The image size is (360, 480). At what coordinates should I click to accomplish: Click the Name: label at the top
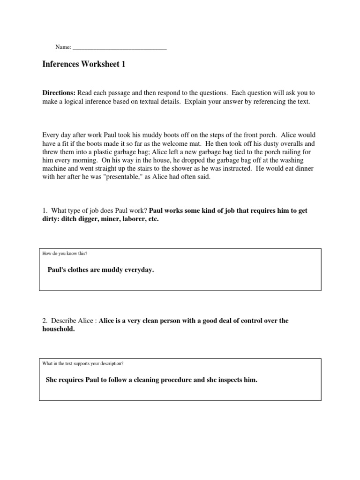63,47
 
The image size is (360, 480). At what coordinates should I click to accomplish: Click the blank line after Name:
120,48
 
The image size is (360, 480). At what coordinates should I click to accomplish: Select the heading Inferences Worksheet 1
84,65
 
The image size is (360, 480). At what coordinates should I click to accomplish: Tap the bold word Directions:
59,93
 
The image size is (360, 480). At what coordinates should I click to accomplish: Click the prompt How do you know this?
65,254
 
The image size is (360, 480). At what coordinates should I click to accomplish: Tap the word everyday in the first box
139,270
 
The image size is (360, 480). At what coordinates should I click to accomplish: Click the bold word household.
59,329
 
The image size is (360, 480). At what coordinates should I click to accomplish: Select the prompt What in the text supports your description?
83,363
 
